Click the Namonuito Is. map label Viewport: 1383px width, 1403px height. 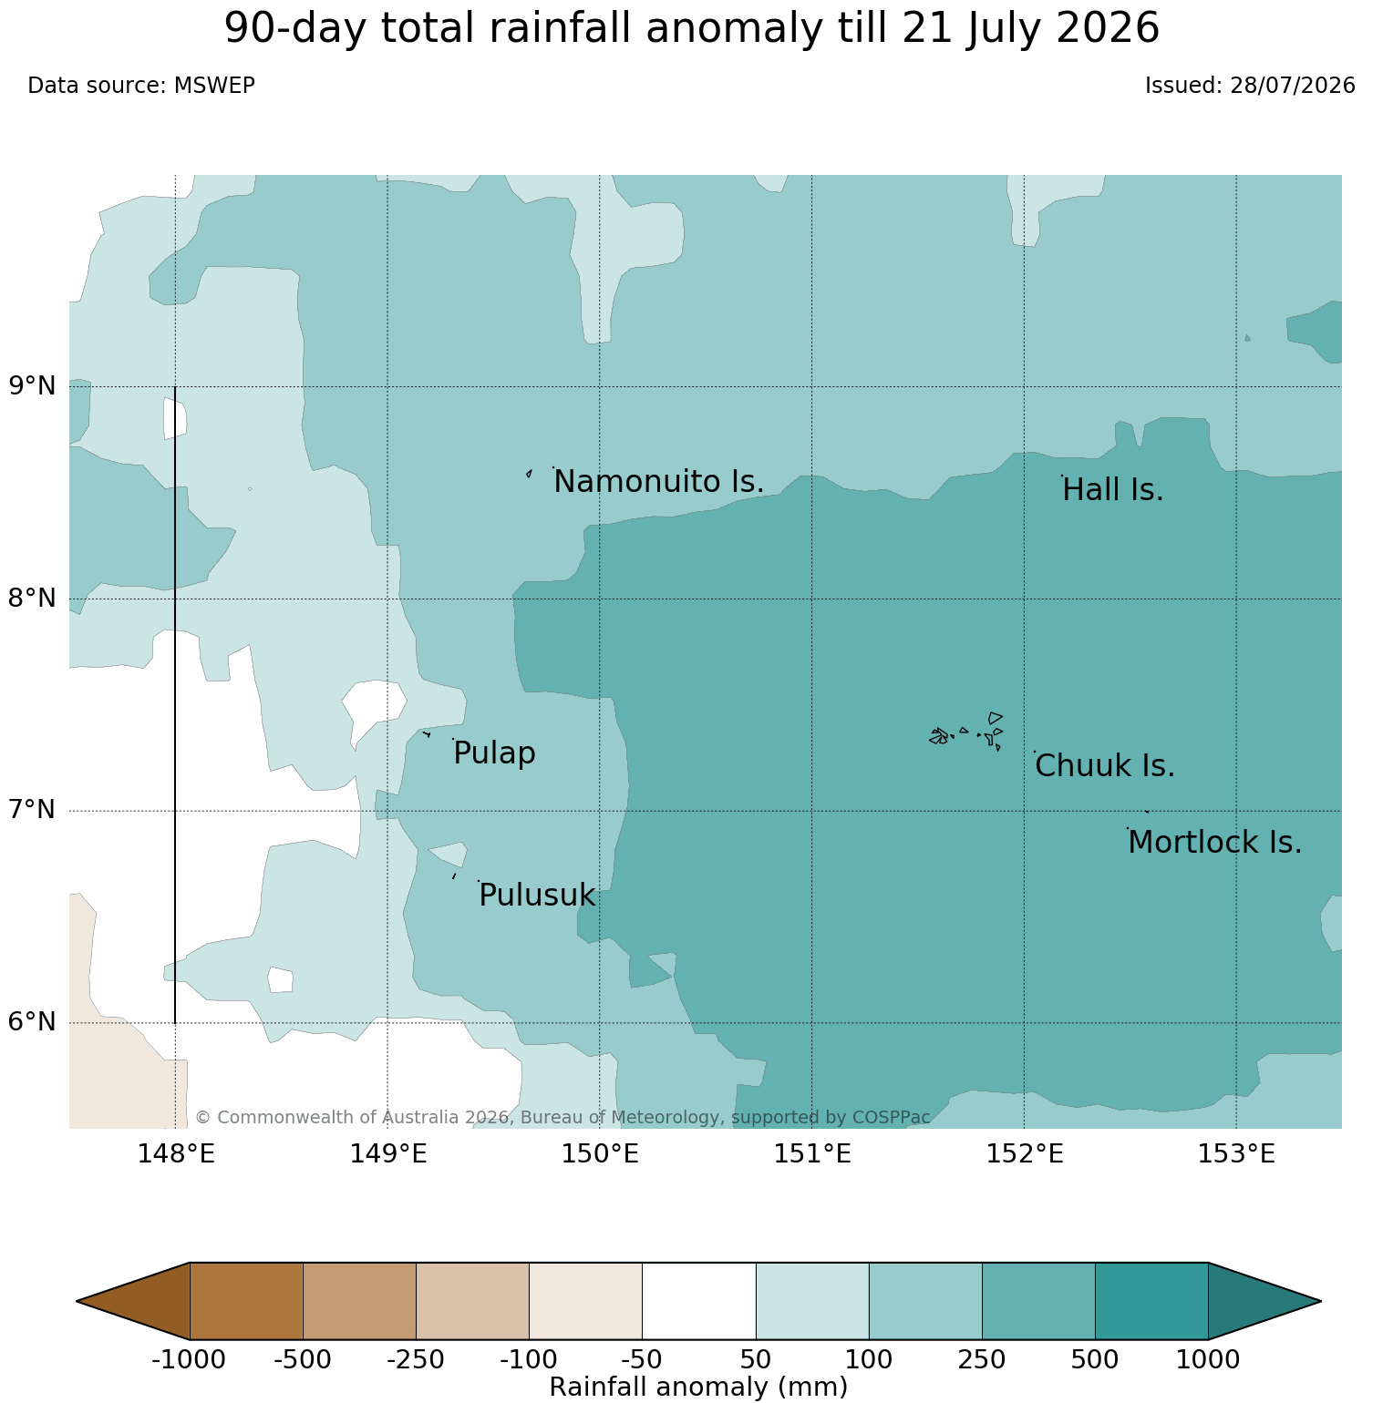click(x=658, y=482)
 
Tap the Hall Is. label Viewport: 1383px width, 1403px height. click(x=1113, y=490)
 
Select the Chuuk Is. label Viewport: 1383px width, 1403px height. click(x=1105, y=766)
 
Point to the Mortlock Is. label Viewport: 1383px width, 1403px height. click(x=1214, y=843)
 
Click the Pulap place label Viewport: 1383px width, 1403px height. click(x=494, y=753)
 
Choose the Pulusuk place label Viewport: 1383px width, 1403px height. click(x=537, y=896)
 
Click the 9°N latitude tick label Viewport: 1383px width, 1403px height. click(x=33, y=386)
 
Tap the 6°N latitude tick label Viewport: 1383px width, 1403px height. click(x=33, y=1022)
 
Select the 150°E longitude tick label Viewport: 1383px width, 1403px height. click(x=600, y=1154)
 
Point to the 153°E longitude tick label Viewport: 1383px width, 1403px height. click(x=1236, y=1154)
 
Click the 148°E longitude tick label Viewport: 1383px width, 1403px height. click(x=176, y=1154)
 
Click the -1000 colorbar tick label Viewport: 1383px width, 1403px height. click(x=189, y=1360)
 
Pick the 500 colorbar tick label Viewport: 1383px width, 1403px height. click(x=1095, y=1360)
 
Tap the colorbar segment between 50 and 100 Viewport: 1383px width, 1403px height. click(x=812, y=1301)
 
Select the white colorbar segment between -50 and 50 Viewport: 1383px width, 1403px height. click(x=699, y=1301)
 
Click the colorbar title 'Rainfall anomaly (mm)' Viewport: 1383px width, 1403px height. click(x=699, y=1388)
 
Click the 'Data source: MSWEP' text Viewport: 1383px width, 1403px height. click(x=141, y=86)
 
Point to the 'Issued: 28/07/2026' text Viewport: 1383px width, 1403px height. click(x=1250, y=86)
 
